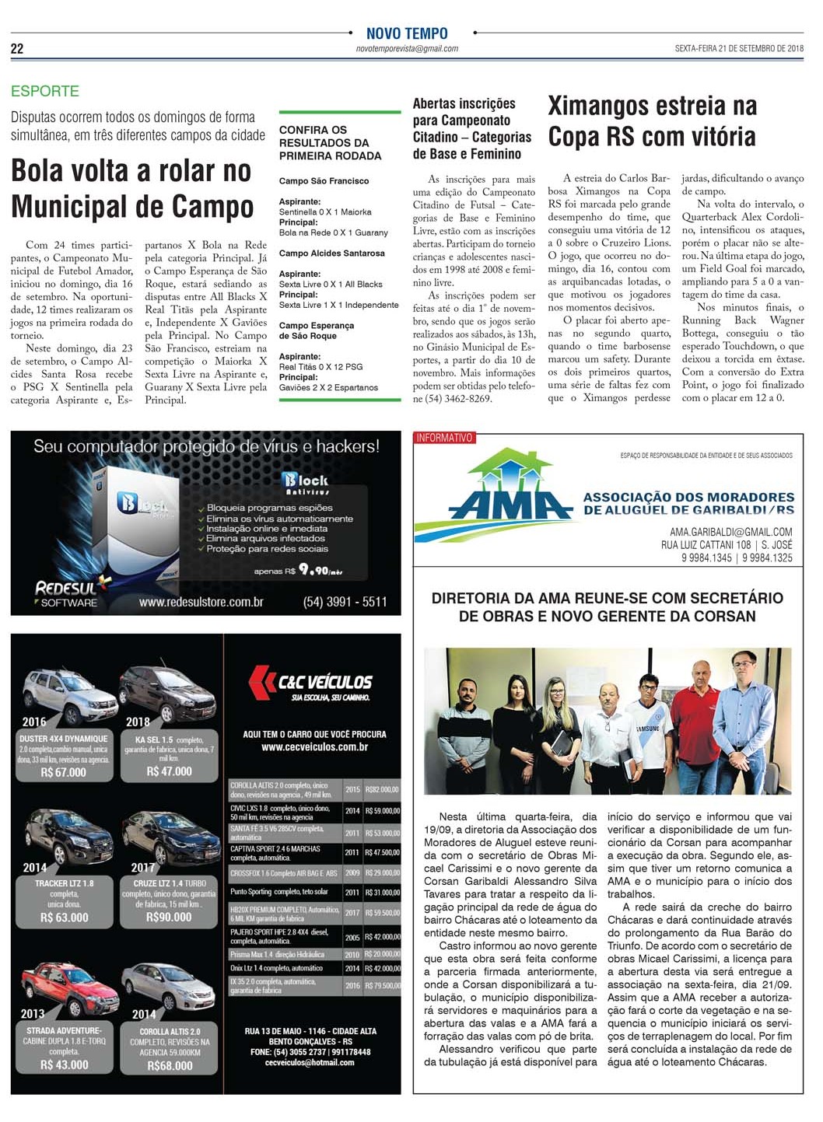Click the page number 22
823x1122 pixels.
(x=17, y=49)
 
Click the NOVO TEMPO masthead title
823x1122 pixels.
(x=407, y=33)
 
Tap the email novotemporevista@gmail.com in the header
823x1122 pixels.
(x=407, y=48)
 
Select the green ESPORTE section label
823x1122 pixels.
(x=45, y=91)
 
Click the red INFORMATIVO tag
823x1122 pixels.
(x=444, y=439)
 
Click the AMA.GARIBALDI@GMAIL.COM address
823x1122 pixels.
(x=730, y=532)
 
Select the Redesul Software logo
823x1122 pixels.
(x=67, y=592)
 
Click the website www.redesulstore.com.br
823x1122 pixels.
(x=201, y=602)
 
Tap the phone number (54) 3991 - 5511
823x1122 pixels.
(x=345, y=602)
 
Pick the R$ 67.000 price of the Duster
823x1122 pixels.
(x=64, y=772)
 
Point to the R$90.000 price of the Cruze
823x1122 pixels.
(x=169, y=918)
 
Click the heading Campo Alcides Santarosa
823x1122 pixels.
(x=331, y=253)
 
